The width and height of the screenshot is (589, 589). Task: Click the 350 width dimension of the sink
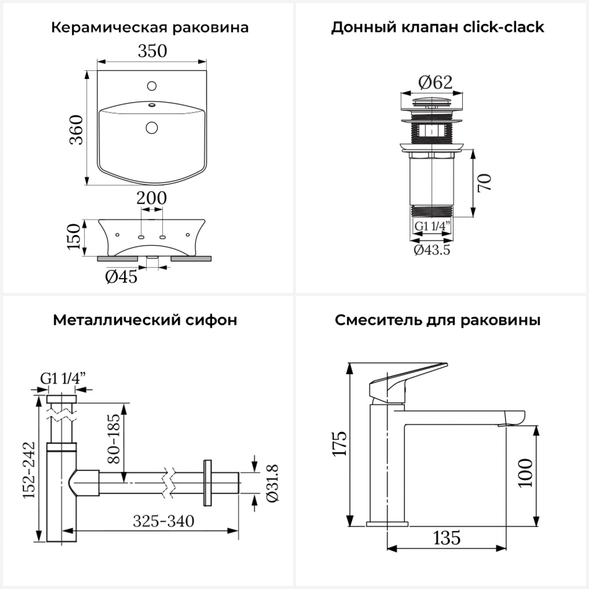tap(152, 51)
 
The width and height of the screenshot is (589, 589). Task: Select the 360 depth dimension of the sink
tap(77, 130)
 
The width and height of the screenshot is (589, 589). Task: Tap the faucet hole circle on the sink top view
tap(152, 86)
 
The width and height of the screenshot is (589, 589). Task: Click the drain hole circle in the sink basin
tap(152, 127)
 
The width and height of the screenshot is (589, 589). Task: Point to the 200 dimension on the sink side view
tap(152, 198)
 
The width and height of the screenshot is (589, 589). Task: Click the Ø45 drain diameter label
tap(121, 277)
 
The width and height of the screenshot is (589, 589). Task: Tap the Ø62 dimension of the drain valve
tap(435, 82)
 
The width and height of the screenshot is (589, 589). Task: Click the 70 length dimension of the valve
tap(485, 183)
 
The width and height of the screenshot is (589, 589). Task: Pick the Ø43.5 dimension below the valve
tap(432, 250)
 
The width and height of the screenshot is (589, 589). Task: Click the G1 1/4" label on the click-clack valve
tap(432, 226)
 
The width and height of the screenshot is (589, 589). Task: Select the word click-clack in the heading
tap(503, 27)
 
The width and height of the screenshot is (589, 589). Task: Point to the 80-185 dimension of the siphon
tap(113, 438)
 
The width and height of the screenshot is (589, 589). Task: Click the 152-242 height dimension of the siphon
tap(29, 470)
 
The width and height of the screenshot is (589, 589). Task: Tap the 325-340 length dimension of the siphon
tap(163, 521)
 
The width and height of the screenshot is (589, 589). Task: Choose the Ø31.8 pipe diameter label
tap(273, 483)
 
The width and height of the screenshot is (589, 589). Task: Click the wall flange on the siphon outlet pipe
tap(207, 483)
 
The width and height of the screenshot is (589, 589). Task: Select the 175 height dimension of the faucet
tap(340, 444)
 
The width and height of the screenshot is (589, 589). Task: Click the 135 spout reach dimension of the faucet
tap(447, 538)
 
